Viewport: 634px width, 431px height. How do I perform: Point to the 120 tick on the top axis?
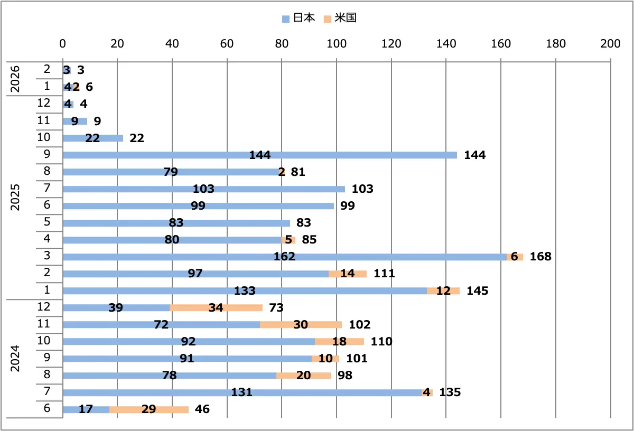391,44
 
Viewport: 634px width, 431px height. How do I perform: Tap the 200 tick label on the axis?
610,44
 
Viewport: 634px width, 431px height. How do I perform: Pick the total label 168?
540,257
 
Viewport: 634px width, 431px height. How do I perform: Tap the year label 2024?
16,358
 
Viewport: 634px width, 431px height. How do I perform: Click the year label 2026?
16,78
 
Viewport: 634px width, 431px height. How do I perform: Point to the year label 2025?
16,198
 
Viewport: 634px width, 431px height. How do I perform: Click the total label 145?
477,291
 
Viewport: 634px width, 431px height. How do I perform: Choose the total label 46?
202,409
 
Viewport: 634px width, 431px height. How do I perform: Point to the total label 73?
276,307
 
